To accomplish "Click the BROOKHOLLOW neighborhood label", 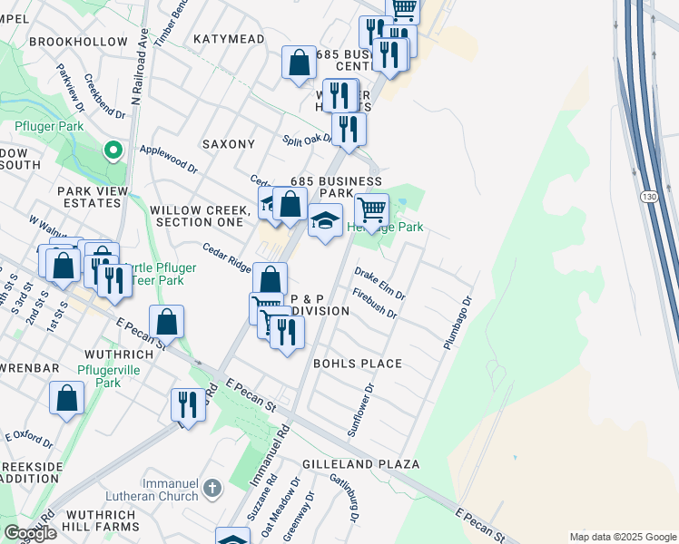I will pos(78,42).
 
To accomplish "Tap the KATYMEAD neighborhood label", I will pos(229,39).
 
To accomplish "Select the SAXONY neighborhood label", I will pos(229,144).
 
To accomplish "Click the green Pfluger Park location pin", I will pos(113,150).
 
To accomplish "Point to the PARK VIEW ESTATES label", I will pos(89,197).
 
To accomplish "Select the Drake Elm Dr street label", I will pos(379,282).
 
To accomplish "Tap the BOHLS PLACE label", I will pos(357,364).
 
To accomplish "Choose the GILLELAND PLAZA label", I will pos(361,464).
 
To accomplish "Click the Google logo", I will pos(30,533).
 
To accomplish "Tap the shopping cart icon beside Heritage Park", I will pos(371,210).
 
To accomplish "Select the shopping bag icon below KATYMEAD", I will pos(299,63).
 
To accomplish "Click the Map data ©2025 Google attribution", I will pos(623,537).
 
